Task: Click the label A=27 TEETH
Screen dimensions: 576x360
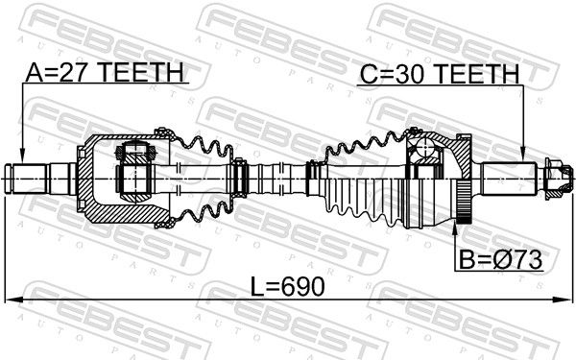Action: (105, 72)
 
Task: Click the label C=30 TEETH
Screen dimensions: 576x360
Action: (440, 74)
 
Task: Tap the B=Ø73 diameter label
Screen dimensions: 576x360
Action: (501, 259)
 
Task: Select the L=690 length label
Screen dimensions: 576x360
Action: (288, 286)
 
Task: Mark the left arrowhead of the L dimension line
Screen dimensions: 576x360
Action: (13, 300)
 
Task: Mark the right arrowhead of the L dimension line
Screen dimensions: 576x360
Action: (564, 300)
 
